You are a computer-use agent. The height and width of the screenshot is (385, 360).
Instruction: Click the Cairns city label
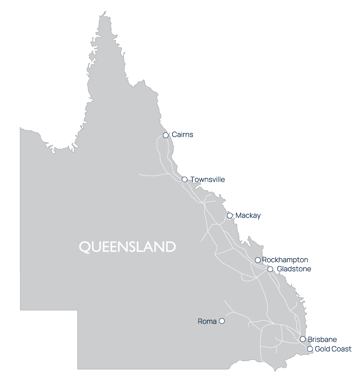[182, 135]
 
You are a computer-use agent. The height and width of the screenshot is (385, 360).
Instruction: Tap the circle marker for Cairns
[166, 135]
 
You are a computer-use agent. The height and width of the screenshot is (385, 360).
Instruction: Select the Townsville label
[208, 179]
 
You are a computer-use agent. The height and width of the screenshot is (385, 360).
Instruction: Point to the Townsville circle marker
[185, 179]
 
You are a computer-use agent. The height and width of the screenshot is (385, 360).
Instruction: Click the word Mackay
[248, 216]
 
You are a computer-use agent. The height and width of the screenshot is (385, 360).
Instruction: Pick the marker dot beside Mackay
[230, 216]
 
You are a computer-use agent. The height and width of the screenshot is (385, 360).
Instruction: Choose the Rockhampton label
[285, 260]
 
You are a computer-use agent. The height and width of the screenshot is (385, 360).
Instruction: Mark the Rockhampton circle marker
[258, 260]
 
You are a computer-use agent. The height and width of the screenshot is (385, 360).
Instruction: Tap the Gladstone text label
[294, 269]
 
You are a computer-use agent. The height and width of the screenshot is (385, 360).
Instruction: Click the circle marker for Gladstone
[270, 269]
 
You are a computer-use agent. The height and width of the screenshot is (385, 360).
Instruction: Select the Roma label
[207, 322]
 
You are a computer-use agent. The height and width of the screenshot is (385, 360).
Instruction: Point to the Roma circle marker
[222, 321]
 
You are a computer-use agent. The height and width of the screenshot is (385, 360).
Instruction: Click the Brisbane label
[322, 339]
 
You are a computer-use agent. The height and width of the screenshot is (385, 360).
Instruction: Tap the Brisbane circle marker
[303, 339]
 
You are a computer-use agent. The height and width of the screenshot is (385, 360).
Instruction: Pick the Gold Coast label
[333, 349]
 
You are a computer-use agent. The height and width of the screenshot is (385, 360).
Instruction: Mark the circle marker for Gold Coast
[310, 349]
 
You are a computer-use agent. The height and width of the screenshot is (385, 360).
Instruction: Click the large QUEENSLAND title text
[127, 247]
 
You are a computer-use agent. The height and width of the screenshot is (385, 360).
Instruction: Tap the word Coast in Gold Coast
[341, 349]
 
